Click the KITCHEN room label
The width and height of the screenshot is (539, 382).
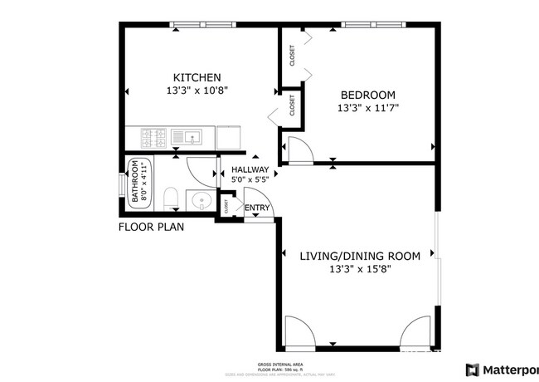pos(197,77)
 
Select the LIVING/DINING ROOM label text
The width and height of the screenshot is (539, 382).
pos(359,256)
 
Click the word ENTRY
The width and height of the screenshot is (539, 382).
pos(256,208)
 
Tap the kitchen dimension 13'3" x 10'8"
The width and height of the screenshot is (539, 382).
pos(197,91)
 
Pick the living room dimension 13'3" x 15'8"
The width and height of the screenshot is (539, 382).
pos(359,269)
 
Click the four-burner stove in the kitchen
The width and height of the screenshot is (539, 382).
pos(155,135)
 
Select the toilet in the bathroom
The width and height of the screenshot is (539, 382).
pos(171,197)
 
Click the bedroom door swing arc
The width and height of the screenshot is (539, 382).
pos(299,148)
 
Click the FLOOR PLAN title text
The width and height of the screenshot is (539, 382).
pos(151,226)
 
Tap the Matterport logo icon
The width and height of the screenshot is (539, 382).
pos(472,370)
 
